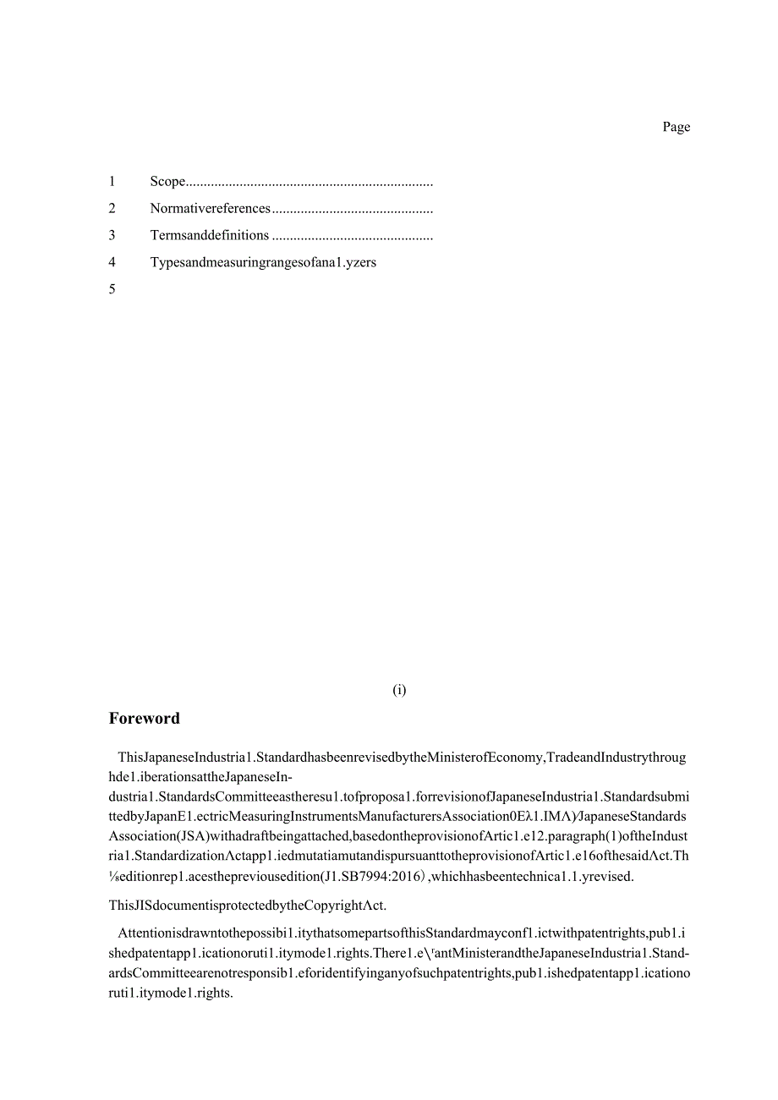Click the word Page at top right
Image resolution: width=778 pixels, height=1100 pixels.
676,127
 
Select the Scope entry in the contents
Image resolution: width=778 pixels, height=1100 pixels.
167,181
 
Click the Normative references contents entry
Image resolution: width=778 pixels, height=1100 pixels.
211,208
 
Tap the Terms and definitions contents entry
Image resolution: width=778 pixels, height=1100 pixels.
210,235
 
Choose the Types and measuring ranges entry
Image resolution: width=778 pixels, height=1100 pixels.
263,262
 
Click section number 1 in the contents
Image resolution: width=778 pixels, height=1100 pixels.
112,181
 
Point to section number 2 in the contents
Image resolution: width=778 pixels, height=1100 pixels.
112,208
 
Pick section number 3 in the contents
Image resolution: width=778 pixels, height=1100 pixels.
112,235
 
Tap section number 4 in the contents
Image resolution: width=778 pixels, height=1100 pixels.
112,262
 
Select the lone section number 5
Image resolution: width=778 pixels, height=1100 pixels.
112,289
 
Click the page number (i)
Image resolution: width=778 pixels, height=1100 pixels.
399,690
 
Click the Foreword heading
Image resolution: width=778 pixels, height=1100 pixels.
145,719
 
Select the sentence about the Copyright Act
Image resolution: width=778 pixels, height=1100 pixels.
248,905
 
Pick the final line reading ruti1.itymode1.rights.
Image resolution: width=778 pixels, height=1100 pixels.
171,993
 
